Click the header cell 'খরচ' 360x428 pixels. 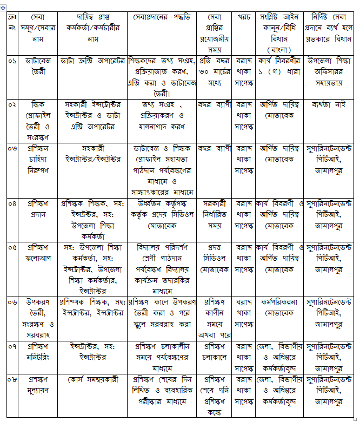click(244, 17)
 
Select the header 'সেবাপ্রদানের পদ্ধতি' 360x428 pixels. click(162, 17)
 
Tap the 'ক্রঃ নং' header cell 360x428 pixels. click(12, 22)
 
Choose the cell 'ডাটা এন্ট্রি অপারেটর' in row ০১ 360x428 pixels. click(92, 61)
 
